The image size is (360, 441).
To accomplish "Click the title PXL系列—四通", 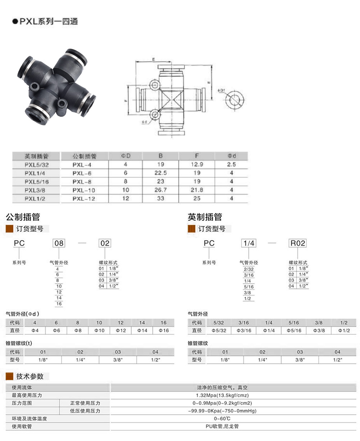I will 48,22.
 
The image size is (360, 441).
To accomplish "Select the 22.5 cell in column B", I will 161,173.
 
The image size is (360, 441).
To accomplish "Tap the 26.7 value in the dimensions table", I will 161,190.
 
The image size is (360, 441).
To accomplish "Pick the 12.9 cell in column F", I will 197,164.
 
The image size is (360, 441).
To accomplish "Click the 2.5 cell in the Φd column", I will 231,164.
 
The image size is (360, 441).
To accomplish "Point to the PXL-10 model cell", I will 84,190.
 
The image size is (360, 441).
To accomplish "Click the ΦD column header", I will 126,156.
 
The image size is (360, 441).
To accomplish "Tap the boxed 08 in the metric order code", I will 59,243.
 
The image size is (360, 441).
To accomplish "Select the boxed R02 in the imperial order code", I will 298,243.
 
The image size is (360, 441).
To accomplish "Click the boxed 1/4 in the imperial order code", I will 249,243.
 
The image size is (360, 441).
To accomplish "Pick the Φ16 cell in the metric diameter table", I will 163,330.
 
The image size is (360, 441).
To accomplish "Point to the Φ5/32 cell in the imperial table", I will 219,330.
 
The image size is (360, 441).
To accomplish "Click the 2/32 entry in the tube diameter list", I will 249,269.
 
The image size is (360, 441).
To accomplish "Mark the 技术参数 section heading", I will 30,377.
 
